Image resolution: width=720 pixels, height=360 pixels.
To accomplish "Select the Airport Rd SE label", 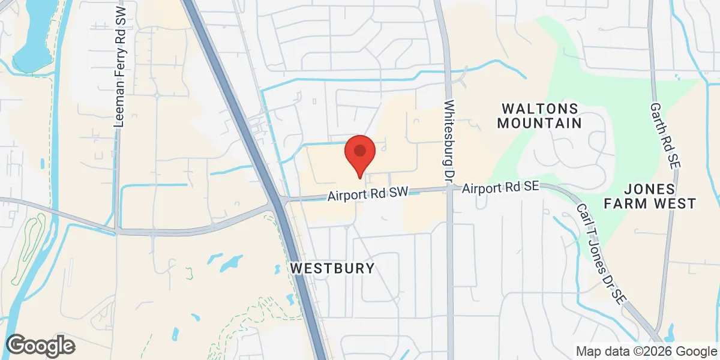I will click(x=500, y=188).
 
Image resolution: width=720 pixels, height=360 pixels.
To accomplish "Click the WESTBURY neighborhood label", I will click(x=332, y=268).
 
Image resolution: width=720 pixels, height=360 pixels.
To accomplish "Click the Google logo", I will click(x=40, y=345).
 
